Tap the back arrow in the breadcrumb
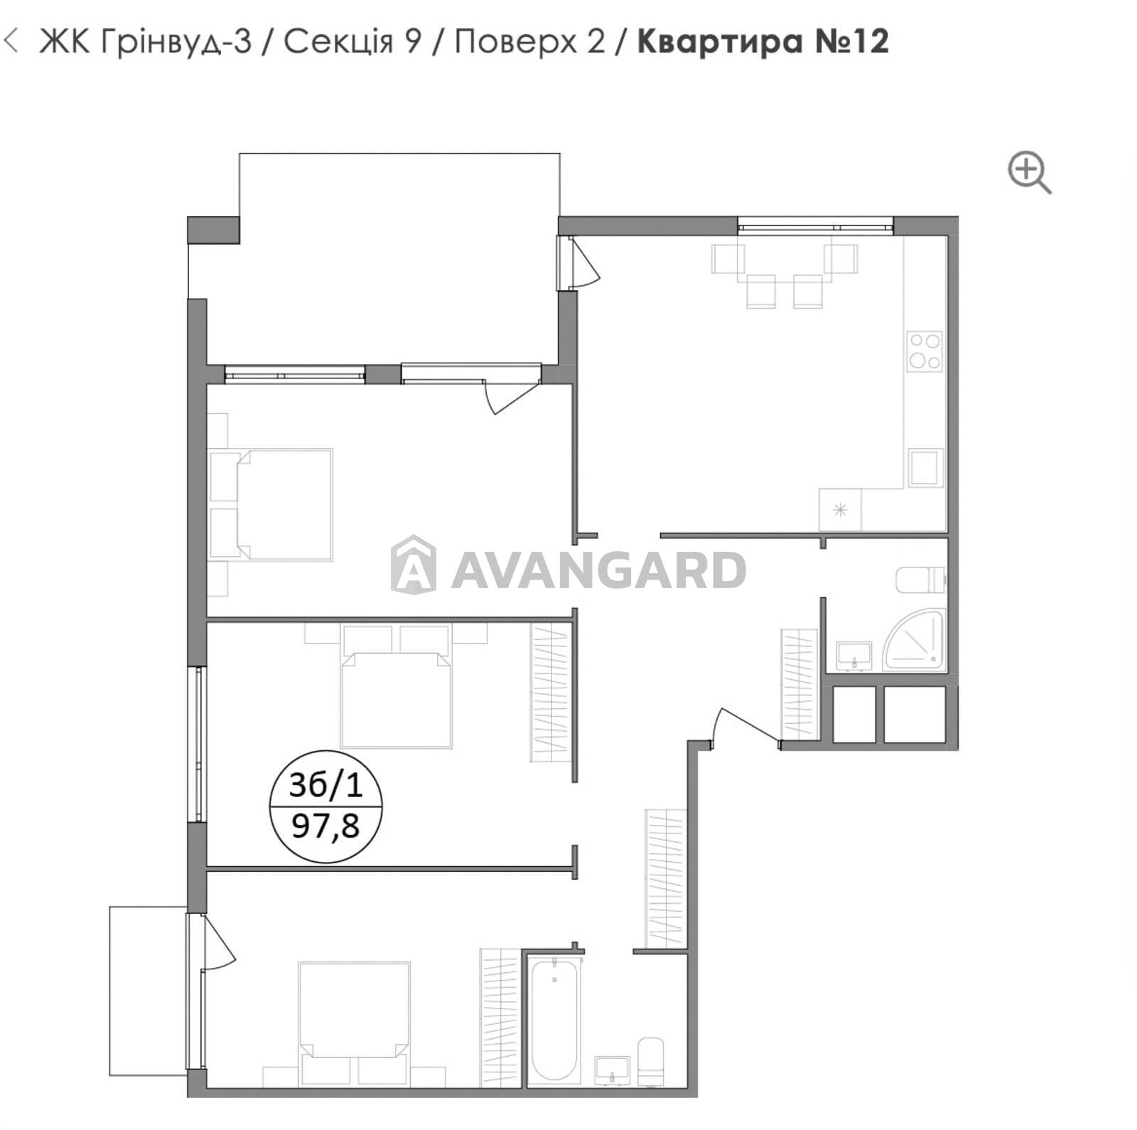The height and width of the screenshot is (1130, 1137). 11,41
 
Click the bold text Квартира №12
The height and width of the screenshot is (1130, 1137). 763,41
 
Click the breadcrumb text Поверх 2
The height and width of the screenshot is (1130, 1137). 529,41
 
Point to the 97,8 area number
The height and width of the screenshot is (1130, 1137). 326,826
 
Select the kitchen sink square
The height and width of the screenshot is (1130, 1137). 926,467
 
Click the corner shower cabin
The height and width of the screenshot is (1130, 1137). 915,639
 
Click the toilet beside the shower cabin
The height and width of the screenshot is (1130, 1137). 921,580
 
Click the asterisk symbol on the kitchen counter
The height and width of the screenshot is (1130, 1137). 840,509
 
